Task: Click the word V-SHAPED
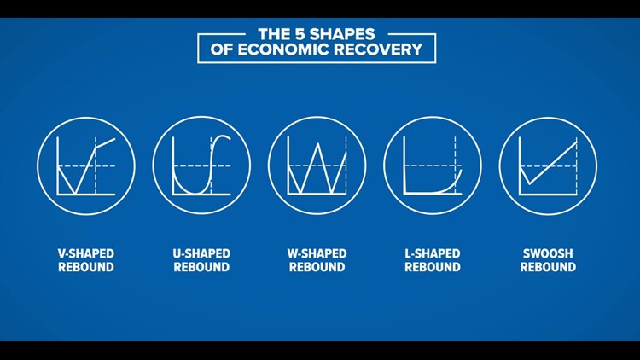click(x=86, y=253)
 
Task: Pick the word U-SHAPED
click(x=202, y=253)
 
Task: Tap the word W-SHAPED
click(x=317, y=253)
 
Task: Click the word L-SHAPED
click(x=433, y=253)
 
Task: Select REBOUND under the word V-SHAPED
click(x=86, y=267)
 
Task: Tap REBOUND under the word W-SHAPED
click(x=317, y=267)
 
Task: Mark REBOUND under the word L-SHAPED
click(x=433, y=267)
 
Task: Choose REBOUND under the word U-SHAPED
click(x=202, y=267)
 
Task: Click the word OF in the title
click(x=225, y=49)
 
